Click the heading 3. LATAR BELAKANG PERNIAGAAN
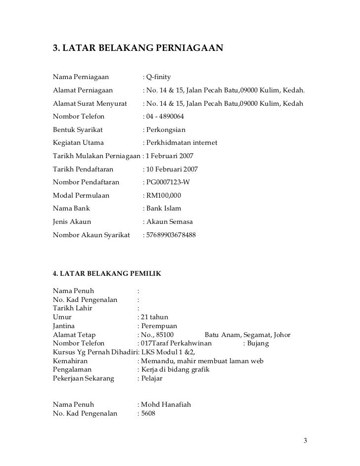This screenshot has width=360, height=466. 138,49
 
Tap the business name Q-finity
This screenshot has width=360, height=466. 158,78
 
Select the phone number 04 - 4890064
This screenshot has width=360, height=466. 165,118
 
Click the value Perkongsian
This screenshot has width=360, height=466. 165,130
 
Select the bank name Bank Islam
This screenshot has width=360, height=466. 163,209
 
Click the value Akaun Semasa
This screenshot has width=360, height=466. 169,222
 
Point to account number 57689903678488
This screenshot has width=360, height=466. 171,235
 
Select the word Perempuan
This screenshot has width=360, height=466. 159,326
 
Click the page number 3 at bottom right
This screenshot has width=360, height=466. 305,441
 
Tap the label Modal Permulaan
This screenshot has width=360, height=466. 81,196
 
